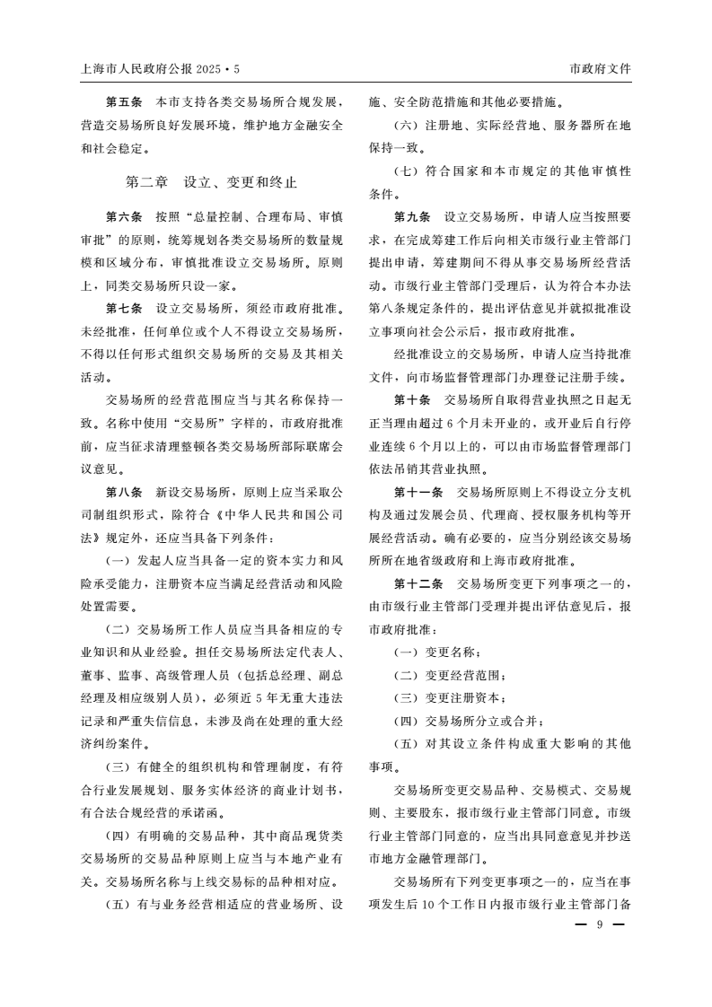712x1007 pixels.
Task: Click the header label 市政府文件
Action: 600,68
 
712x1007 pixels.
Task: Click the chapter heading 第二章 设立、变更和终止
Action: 211,182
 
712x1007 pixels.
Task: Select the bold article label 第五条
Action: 124,101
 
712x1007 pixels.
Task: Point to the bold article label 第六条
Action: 124,217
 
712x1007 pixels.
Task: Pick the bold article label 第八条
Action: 124,493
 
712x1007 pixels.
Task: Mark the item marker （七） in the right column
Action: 409,171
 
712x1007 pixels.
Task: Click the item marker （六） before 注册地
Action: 409,124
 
